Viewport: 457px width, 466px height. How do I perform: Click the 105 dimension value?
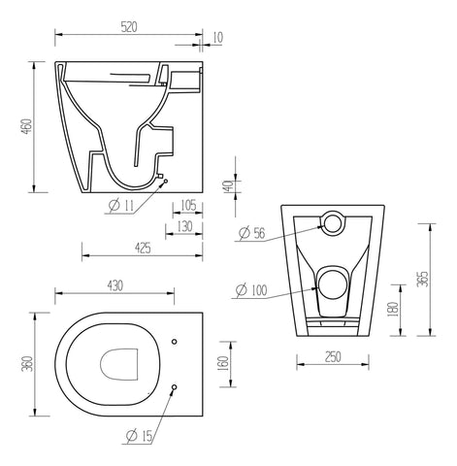coord(188,205)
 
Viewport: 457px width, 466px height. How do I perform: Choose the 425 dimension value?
coord(142,249)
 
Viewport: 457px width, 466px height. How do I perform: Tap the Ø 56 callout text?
coord(252,233)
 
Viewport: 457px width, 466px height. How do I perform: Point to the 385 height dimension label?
coord(421,279)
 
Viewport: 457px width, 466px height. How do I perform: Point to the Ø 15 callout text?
coord(140,437)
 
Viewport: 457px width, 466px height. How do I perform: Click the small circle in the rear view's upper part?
coord(333,223)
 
